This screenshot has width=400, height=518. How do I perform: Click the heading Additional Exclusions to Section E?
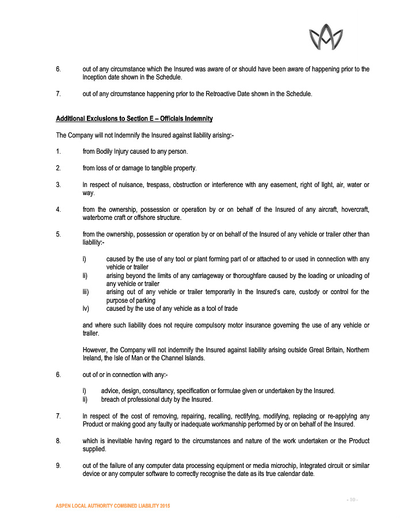coord(134,119)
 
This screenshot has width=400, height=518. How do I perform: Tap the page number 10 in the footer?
coord(352,498)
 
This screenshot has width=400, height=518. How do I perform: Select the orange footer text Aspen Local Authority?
coord(113,505)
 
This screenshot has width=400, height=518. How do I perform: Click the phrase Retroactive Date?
coord(233,94)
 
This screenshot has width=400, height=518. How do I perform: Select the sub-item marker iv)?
coord(86,308)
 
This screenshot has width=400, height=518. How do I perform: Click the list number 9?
coord(58,465)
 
